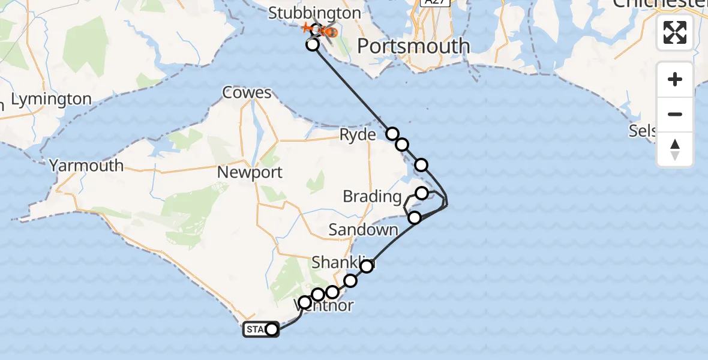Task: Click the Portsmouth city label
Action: point(413,46)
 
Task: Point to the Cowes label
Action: point(247,93)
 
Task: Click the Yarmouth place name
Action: point(86,166)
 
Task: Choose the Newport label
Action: point(250,173)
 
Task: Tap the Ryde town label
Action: point(358,135)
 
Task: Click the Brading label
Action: point(372,196)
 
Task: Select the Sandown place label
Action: point(363,230)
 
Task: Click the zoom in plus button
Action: point(675,79)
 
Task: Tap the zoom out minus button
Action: point(675,114)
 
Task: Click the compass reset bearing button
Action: point(675,149)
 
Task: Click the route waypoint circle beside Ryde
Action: point(392,134)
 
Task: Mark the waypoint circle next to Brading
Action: point(422,193)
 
